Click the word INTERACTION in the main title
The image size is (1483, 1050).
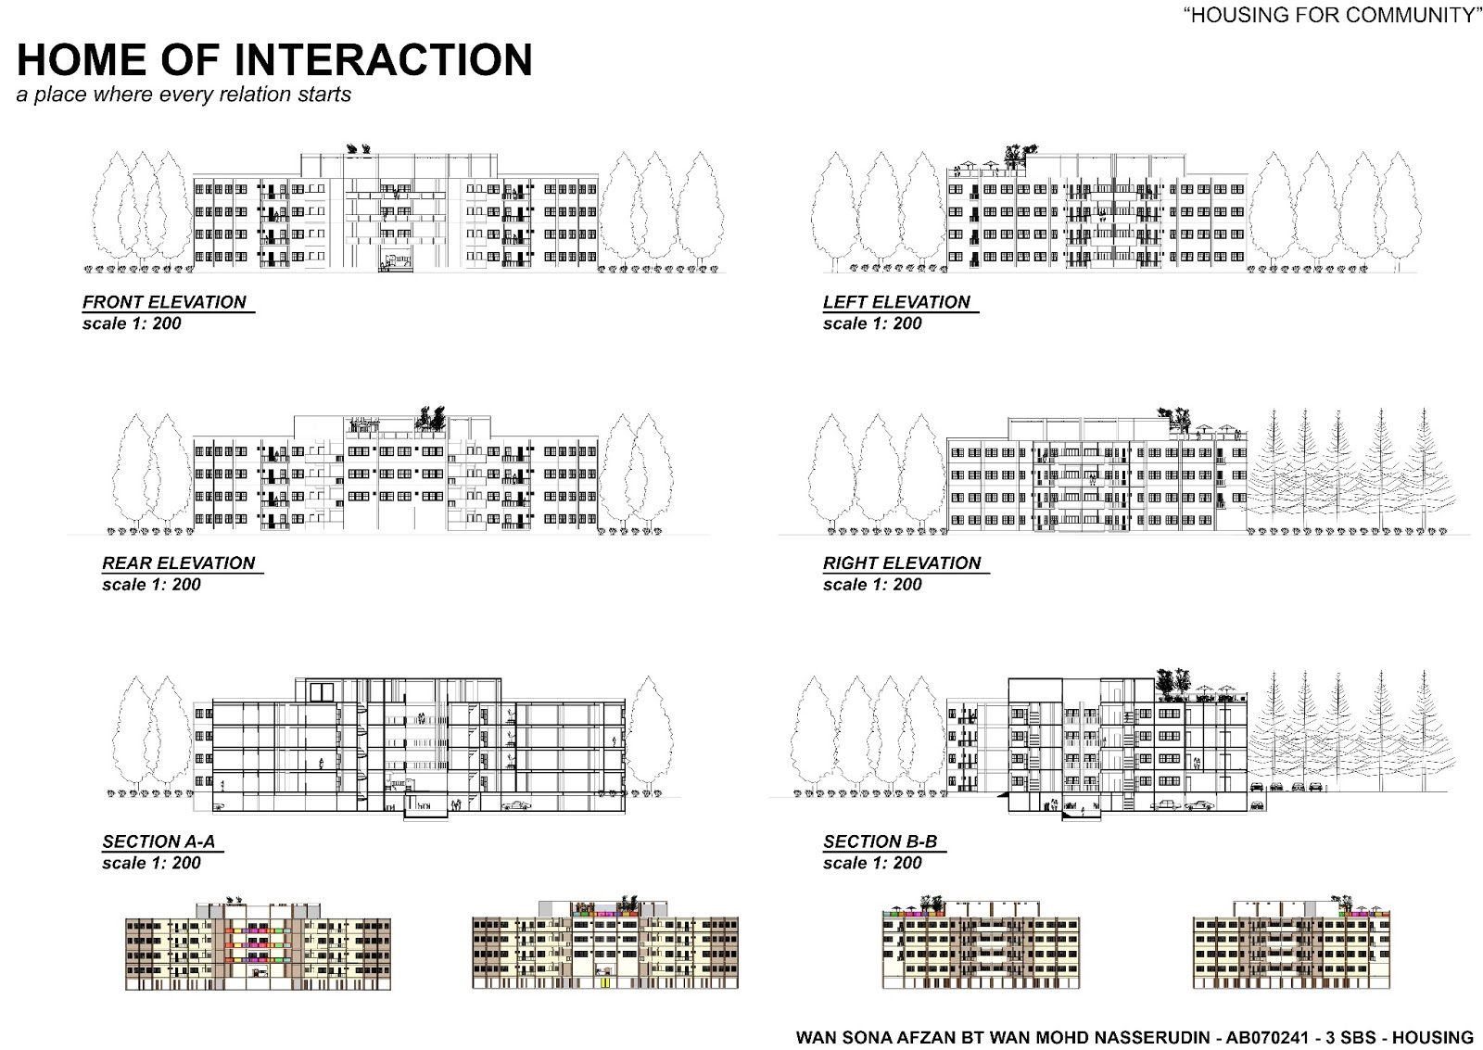coord(384,59)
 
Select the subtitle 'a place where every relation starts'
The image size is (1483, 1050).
coord(184,95)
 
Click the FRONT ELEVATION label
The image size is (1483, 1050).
coord(164,302)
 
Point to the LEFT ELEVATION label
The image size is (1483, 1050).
coord(896,302)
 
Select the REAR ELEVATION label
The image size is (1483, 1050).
coord(178,563)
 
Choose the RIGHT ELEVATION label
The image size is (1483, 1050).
coord(902,563)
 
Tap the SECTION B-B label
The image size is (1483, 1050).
coord(880,842)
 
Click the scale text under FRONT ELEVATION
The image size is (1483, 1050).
coord(132,323)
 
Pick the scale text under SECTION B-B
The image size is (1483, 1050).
coord(872,863)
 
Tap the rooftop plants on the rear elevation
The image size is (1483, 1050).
coord(430,418)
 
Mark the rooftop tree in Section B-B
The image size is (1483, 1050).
coord(1166,680)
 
